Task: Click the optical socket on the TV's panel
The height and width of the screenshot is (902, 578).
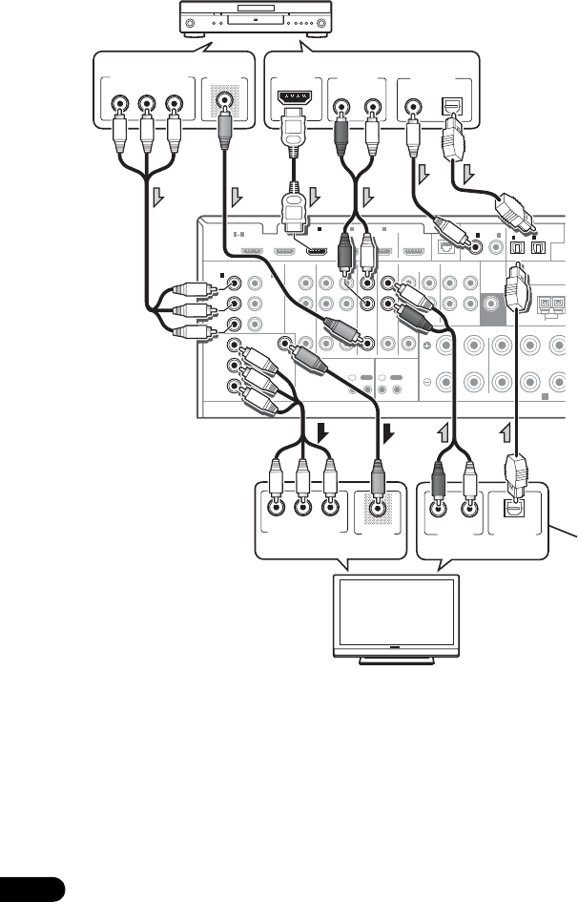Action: tap(514, 510)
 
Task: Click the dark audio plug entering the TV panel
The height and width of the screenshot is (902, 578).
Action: tap(441, 477)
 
